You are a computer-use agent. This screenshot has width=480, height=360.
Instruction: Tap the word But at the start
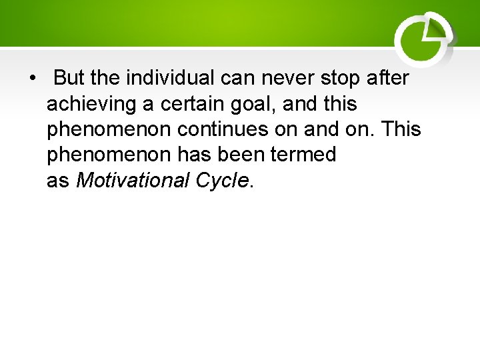69,79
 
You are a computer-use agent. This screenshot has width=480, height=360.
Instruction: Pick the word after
389,79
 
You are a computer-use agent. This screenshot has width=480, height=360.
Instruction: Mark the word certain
200,104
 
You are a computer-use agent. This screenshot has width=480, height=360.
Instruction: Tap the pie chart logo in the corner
424,39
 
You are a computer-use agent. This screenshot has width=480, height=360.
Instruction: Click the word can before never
237,79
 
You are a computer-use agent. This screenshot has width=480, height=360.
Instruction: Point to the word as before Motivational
58,181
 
